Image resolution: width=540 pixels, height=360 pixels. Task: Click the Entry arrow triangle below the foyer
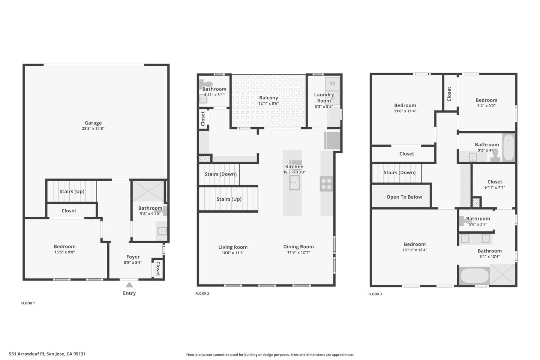[x=129, y=285]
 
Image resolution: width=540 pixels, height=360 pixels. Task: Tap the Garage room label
[x=93, y=123]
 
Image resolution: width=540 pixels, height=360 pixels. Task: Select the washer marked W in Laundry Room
[x=332, y=84]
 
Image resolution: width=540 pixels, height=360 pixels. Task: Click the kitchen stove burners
[x=326, y=184]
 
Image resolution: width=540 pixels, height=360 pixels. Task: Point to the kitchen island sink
[x=294, y=183]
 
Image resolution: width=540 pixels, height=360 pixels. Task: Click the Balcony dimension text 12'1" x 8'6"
[x=268, y=103]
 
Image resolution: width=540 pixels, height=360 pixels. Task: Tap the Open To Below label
[x=404, y=197]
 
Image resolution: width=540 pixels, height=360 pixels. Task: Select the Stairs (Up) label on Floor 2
[x=229, y=199]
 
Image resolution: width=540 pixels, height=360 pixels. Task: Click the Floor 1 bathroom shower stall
[x=148, y=191]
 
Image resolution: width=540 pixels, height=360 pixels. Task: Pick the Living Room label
[x=233, y=247]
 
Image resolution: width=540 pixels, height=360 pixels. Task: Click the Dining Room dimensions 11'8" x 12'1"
[x=298, y=252]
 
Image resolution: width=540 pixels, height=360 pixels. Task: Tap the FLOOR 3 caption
[x=375, y=294]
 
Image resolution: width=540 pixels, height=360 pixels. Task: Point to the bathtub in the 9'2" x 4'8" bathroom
[x=508, y=147]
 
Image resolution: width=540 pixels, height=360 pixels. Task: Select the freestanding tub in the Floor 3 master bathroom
[x=474, y=276]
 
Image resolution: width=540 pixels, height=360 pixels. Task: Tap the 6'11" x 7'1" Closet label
[x=495, y=181]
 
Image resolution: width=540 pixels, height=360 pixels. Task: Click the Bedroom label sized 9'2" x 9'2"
[x=486, y=100]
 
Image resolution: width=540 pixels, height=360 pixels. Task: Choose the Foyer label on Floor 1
[x=133, y=257]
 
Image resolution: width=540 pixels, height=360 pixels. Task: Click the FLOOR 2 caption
[x=202, y=293]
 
